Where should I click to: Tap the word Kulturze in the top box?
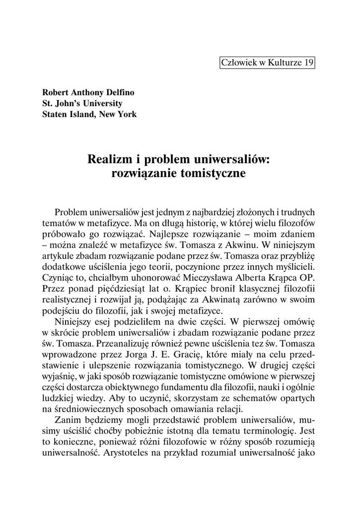coord(284,63)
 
